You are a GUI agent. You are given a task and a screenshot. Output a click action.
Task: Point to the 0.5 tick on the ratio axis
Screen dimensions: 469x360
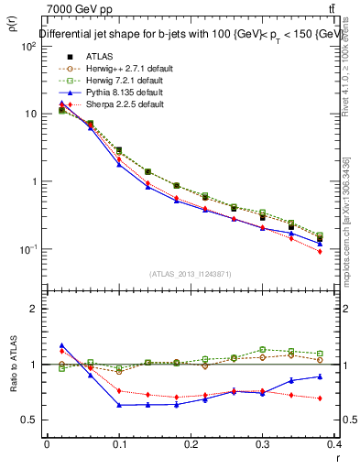coord(30,420)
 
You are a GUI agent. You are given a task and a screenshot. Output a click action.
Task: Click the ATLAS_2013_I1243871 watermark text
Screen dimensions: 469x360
coord(191,274)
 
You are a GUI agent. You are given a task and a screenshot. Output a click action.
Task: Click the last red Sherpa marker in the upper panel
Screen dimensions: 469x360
coord(345,251)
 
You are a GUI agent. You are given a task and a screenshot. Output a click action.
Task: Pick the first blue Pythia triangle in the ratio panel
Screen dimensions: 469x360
coord(61,345)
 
